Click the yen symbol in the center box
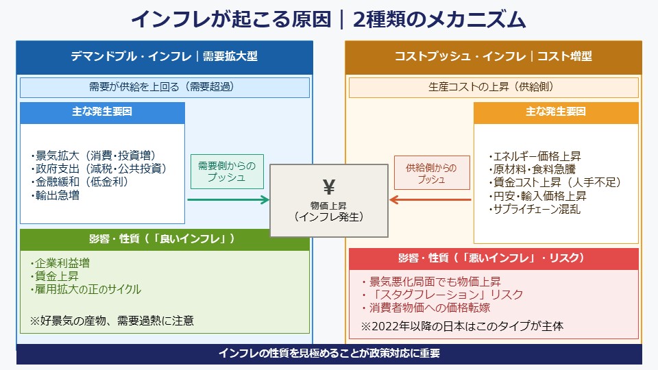click(x=328, y=186)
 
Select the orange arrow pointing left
click(x=430, y=200)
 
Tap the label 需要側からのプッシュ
click(x=226, y=173)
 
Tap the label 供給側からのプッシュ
click(x=431, y=173)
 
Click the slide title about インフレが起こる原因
click(x=328, y=19)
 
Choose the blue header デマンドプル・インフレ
click(x=164, y=57)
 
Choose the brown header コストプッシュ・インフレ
click(x=493, y=57)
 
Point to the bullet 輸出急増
click(x=56, y=195)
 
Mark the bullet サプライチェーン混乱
click(x=535, y=209)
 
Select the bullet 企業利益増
click(x=60, y=263)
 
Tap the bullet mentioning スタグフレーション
click(x=442, y=295)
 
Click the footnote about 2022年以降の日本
click(x=463, y=326)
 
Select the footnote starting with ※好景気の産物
click(x=112, y=320)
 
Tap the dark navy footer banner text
click(x=328, y=354)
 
